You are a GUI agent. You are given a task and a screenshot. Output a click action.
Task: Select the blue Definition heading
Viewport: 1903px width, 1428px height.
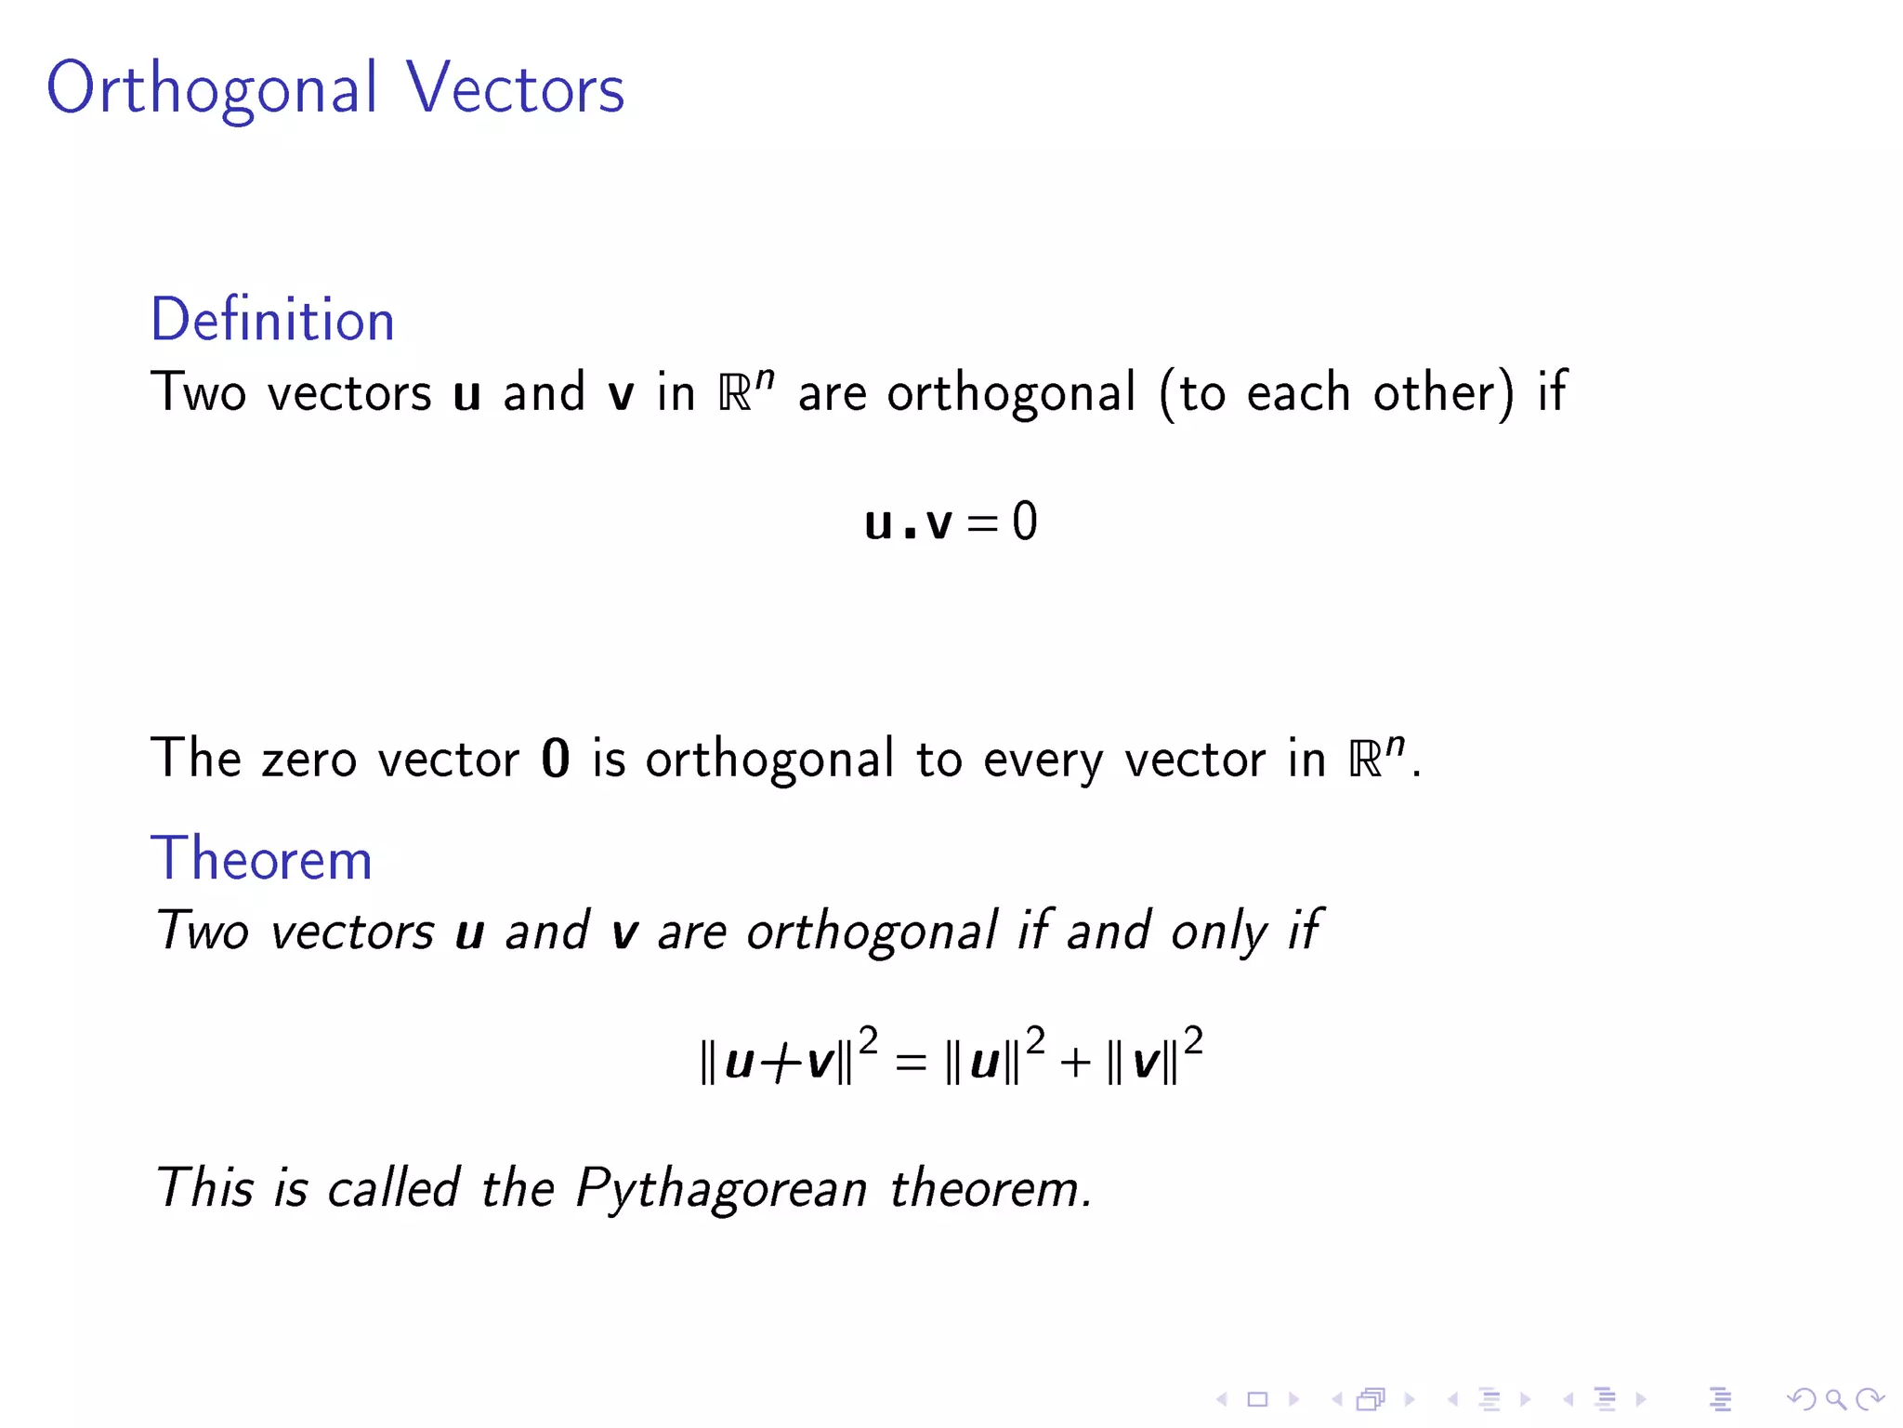tap(272, 320)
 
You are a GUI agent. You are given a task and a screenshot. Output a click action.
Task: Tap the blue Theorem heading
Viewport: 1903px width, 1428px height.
tap(261, 858)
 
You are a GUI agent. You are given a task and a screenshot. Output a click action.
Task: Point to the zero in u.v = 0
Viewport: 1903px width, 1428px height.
tap(1024, 522)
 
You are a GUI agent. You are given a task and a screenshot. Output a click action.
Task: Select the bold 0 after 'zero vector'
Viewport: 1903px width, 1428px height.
tap(555, 759)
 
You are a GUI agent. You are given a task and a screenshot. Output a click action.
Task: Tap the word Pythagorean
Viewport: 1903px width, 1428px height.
tap(721, 1189)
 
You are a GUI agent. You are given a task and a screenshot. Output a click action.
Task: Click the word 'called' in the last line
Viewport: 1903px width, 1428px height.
tap(393, 1187)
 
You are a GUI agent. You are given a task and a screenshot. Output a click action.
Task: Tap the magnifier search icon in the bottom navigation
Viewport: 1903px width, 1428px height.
tap(1835, 1399)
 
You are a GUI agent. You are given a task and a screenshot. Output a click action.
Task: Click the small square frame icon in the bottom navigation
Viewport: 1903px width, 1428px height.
tap(1257, 1399)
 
